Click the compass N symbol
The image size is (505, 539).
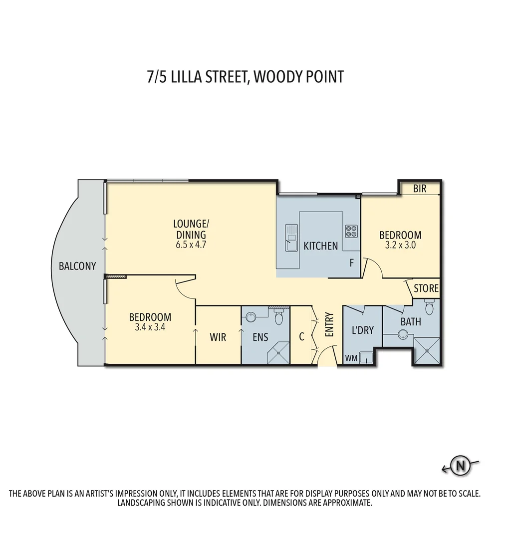pyautogui.click(x=461, y=466)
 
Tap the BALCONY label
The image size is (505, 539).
pyautogui.click(x=77, y=266)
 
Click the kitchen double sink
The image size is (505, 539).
pyautogui.click(x=291, y=238)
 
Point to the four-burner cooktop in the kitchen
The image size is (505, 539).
pyautogui.click(x=351, y=231)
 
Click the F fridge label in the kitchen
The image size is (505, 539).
pyautogui.click(x=352, y=263)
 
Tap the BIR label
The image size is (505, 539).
pyautogui.click(x=420, y=189)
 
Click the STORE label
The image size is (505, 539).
pyautogui.click(x=426, y=288)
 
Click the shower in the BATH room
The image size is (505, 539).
pyautogui.click(x=427, y=351)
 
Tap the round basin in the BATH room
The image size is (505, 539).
pyautogui.click(x=403, y=336)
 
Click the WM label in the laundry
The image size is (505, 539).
pyautogui.click(x=351, y=358)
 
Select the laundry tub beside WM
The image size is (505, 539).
pyautogui.click(x=367, y=358)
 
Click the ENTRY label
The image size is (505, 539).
pyautogui.click(x=329, y=324)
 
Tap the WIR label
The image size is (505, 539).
pyautogui.click(x=218, y=337)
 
